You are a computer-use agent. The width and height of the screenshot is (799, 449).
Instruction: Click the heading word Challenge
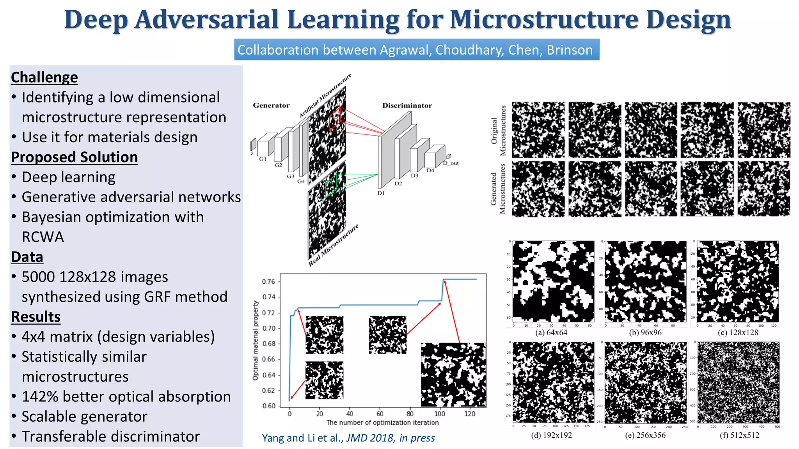(44, 77)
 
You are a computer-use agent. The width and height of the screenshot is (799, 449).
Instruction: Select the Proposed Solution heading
(74, 157)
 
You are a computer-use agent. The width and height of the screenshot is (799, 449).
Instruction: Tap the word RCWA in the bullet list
(43, 237)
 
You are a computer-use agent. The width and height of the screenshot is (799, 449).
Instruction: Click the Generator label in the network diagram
(271, 105)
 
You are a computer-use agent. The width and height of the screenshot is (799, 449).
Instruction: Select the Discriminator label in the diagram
(407, 105)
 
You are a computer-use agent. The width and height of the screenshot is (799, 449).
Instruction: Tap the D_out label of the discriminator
(451, 163)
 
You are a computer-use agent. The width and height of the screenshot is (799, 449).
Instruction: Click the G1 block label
(263, 159)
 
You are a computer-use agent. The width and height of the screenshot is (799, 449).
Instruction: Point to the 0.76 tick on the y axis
(268, 281)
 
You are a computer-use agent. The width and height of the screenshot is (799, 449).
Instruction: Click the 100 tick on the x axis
(440, 414)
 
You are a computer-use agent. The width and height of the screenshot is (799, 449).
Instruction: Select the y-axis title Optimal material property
(256, 340)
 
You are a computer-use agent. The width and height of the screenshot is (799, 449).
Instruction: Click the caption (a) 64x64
(551, 332)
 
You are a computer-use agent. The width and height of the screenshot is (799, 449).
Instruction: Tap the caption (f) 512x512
(739, 435)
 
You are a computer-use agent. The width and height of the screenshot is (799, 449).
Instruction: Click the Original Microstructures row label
(498, 131)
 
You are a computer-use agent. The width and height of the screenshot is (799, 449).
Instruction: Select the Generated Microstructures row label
(498, 189)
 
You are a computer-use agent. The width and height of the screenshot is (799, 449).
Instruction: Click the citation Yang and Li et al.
(302, 438)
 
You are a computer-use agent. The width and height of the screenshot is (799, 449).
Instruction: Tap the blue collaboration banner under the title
(416, 50)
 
